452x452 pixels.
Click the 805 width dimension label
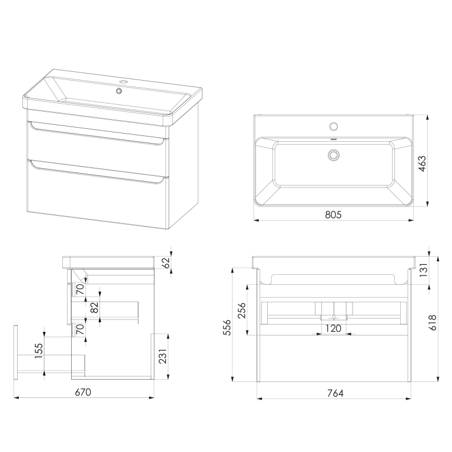pos(333,215)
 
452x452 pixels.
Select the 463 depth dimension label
pos(422,164)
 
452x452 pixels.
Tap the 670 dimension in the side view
pos(83,393)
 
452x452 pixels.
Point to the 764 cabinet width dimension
pos(335,393)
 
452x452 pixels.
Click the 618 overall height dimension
pos(433,323)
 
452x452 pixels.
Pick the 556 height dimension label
pos(227,327)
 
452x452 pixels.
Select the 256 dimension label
pos(241,310)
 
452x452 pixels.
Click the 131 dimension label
pos(424,270)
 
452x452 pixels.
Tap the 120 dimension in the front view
pos(333,328)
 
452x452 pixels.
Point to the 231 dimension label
pos(163,356)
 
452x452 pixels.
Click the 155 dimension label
pos(39,351)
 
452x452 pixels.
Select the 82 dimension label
pos(94,308)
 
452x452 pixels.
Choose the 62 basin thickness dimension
pos(167,262)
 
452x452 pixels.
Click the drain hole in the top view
pos(334,155)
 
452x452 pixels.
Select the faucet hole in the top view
pos(334,127)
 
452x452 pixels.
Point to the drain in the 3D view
pos(119,91)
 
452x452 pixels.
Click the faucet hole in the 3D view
pos(124,82)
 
